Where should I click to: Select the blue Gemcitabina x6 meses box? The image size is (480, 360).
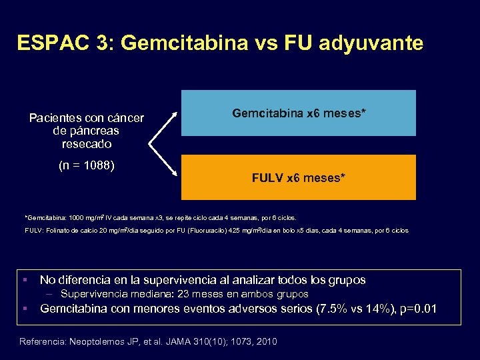tap(298, 113)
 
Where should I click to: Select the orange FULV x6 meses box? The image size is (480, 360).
tap(298, 177)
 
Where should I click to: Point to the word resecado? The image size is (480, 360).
tap(86, 144)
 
